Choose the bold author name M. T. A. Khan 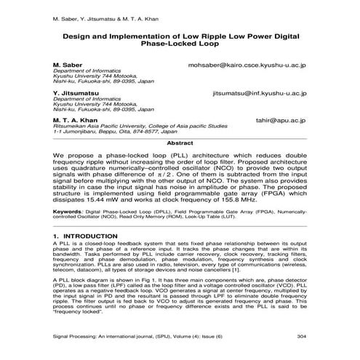[75, 121]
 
